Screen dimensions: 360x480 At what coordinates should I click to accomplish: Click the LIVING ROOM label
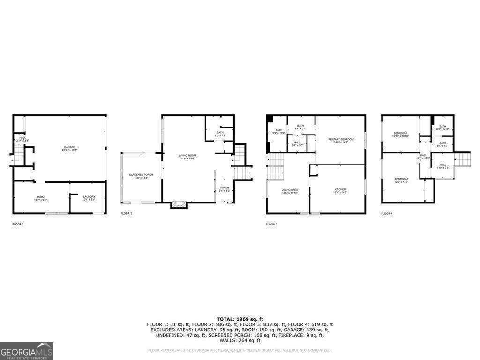pos(187,157)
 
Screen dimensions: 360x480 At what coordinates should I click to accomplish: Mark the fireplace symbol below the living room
pos(178,204)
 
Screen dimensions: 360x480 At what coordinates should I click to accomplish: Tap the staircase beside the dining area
pos(276,166)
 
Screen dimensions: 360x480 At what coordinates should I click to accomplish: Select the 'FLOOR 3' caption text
pos(271,225)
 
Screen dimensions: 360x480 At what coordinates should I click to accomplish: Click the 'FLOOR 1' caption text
pos(18,225)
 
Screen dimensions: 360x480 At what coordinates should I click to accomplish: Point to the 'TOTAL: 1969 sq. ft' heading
pos(240,319)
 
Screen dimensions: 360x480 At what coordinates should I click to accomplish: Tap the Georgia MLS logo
pos(27,351)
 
